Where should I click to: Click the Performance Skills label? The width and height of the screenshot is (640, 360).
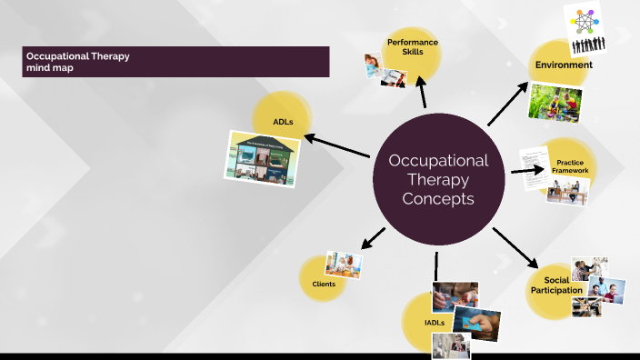click(x=412, y=47)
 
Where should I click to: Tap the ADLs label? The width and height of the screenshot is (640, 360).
click(x=283, y=121)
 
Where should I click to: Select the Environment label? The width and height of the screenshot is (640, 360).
click(x=564, y=65)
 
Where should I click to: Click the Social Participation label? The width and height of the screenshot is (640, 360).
click(x=556, y=285)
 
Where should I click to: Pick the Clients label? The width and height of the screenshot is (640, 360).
click(x=324, y=285)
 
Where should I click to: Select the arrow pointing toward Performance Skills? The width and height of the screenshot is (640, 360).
click(x=422, y=94)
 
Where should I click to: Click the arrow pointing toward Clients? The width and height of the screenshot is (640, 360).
click(x=373, y=238)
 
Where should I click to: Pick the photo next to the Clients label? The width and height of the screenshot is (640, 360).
click(x=345, y=265)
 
